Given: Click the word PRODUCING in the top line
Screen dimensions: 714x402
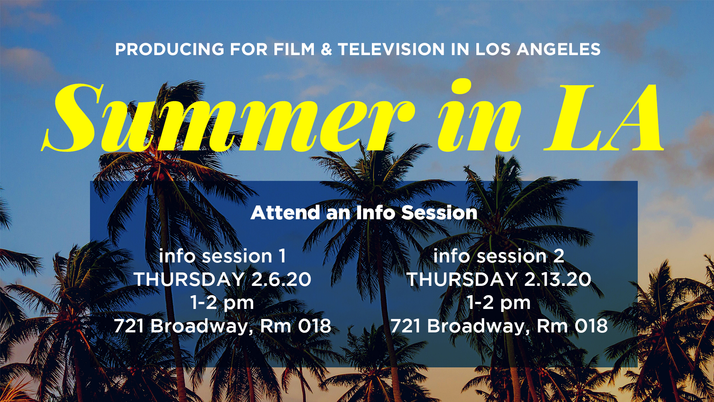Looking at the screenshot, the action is pyautogui.click(x=170, y=50).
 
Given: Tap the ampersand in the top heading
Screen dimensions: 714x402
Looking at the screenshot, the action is pyautogui.click(x=326, y=50).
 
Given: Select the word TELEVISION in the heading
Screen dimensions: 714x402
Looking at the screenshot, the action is pyautogui.click(x=391, y=50).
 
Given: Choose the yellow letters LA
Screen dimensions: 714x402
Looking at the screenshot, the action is pyautogui.click(x=604, y=117).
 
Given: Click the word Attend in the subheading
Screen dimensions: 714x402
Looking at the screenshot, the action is pyautogui.click(x=285, y=213).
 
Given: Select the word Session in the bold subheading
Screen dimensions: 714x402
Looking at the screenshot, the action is pyautogui.click(x=439, y=213).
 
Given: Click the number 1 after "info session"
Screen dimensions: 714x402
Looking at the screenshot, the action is pyautogui.click(x=282, y=256).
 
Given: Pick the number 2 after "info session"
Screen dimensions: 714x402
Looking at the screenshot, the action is pyautogui.click(x=559, y=256).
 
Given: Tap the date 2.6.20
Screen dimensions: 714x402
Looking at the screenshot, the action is pyautogui.click(x=281, y=280).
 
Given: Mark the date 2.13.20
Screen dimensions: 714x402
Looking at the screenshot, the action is pyautogui.click(x=557, y=280).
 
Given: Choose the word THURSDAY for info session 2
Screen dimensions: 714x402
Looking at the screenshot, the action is pyautogui.click(x=462, y=280).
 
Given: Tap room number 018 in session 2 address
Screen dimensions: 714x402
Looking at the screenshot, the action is pyautogui.click(x=591, y=326).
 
